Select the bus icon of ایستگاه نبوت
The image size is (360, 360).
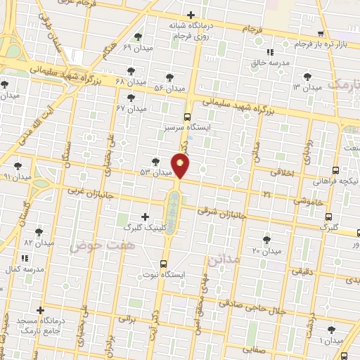(164, 264)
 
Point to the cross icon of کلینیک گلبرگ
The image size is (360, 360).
(146, 217)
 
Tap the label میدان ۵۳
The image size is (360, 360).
(156, 172)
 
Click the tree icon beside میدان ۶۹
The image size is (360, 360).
(136, 37)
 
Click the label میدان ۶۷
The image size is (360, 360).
(131, 109)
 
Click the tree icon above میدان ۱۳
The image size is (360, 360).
(306, 76)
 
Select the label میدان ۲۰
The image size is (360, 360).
(266, 250)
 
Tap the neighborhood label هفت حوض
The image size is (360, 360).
(91, 246)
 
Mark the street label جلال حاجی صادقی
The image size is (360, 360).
(251, 307)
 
